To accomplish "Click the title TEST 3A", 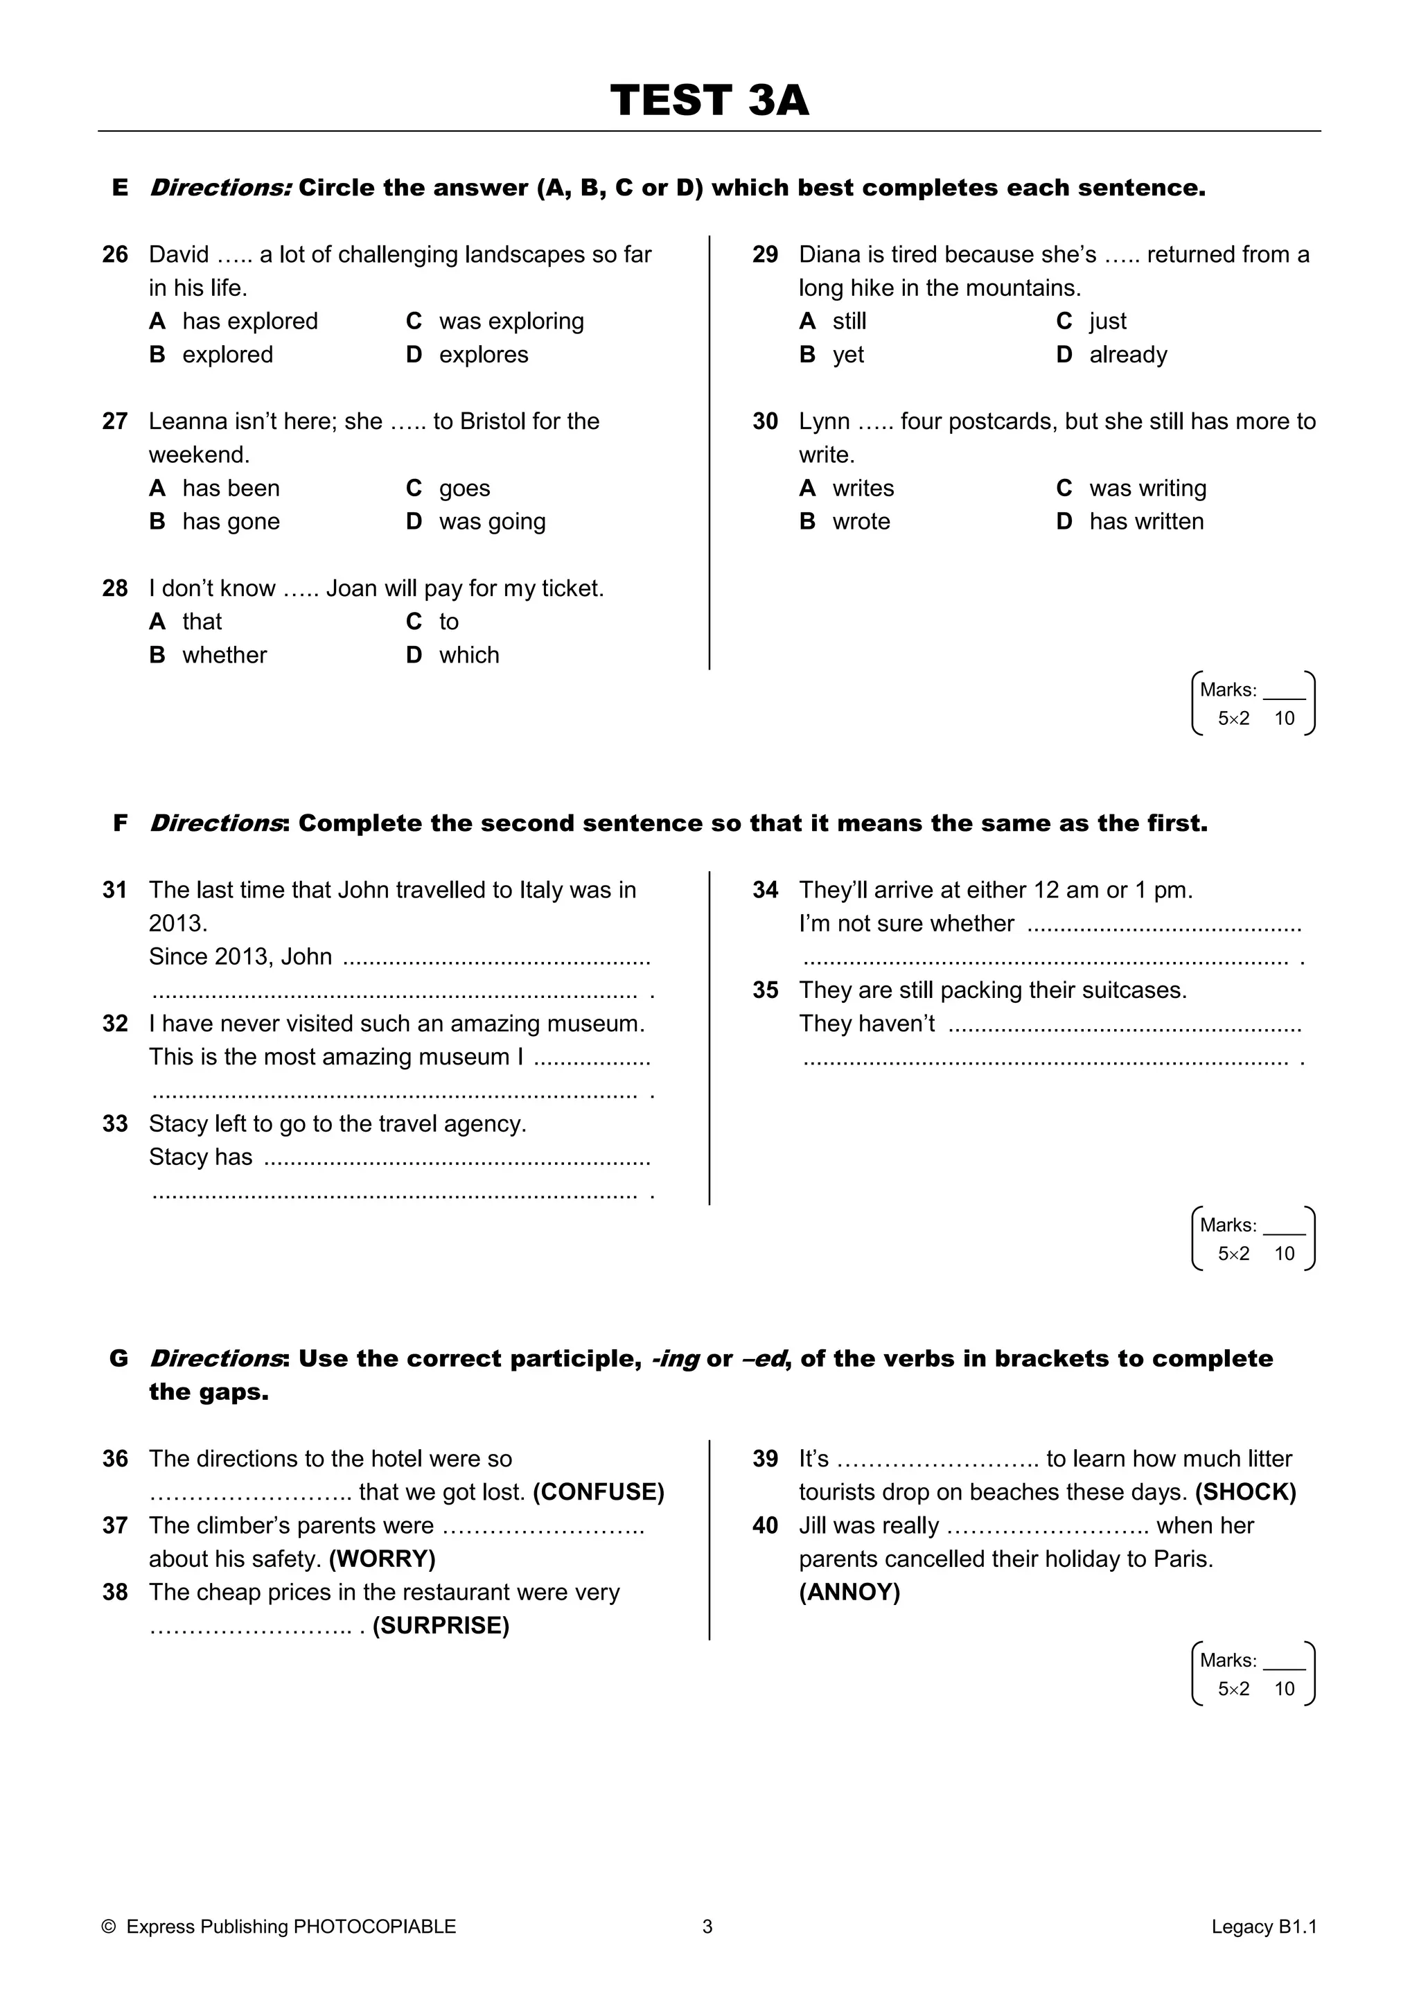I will click(709, 100).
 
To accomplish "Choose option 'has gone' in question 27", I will click(231, 522).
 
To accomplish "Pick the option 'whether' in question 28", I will click(224, 656).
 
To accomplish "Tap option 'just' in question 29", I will click(1107, 322).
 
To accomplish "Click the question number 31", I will click(114, 890).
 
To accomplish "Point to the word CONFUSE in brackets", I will click(599, 1492).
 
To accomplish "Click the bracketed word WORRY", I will click(382, 1559).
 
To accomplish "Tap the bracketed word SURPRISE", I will click(441, 1626).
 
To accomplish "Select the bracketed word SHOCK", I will click(1245, 1492).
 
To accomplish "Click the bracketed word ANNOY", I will click(849, 1593).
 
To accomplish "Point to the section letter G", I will click(119, 1358).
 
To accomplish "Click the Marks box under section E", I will click(1253, 703).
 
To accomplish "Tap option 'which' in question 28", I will click(468, 656).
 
